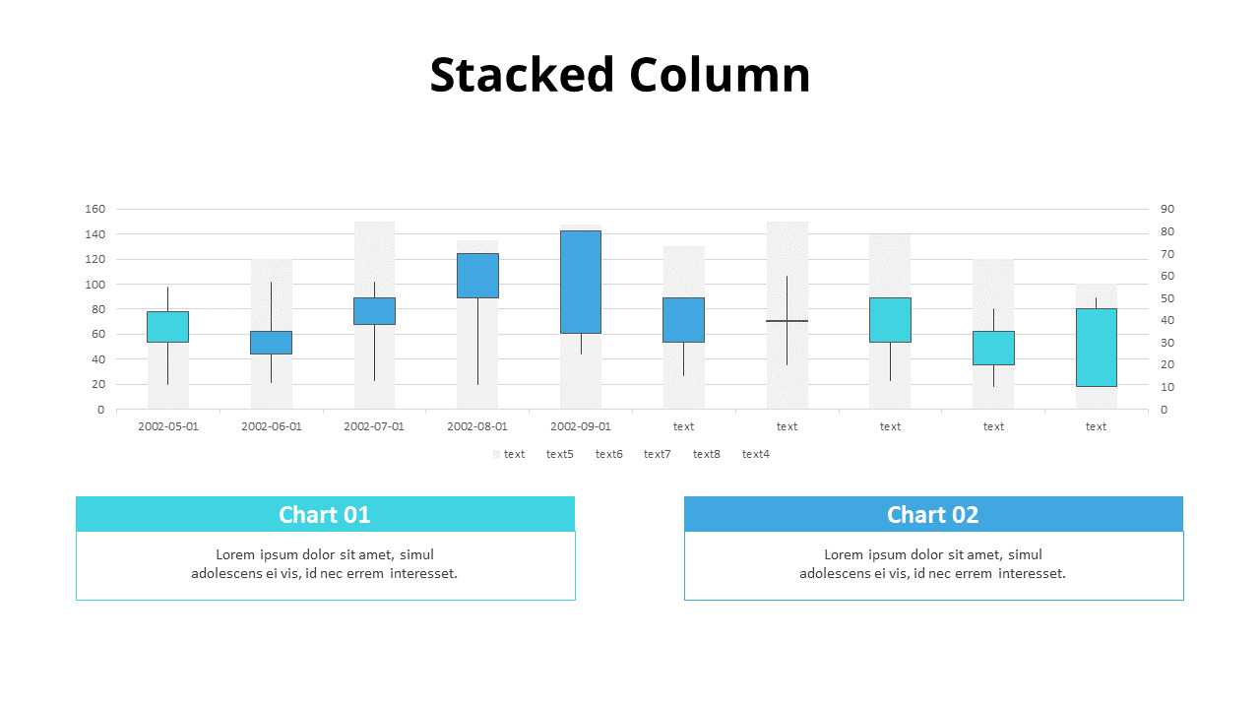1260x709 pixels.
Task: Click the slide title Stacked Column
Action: coord(620,75)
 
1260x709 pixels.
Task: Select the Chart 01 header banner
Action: coord(325,514)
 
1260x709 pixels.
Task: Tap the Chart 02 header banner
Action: coord(933,514)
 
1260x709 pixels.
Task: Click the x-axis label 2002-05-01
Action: coord(167,426)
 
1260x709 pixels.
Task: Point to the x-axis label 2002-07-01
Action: coord(374,426)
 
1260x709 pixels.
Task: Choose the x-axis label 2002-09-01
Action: coord(581,426)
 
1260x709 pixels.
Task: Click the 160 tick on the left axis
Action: coord(94,209)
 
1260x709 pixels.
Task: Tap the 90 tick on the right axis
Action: coord(1167,209)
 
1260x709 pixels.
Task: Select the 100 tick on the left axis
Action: coord(94,285)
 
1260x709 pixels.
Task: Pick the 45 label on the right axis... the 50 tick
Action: coord(1167,298)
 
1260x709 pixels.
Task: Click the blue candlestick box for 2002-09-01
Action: coord(581,282)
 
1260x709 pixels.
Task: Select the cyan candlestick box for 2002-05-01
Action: coord(167,327)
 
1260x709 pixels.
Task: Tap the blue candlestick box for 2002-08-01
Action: coord(477,276)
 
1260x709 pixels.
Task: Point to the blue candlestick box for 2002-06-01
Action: coord(271,343)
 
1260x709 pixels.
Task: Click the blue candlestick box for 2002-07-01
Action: coord(374,311)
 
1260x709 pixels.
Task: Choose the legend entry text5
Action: coord(559,454)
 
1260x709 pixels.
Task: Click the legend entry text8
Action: coord(706,454)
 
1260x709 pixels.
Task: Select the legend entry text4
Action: coord(755,454)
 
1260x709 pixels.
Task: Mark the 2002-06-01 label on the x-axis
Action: coord(271,426)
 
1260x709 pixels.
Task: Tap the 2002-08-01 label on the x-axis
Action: coord(477,426)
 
